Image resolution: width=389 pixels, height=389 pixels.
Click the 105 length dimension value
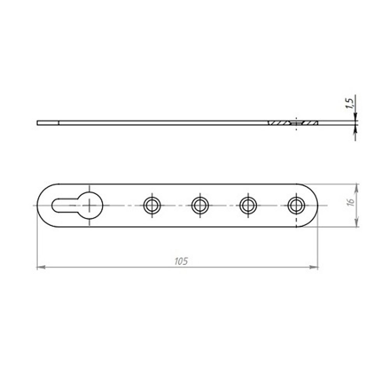pyautogui.click(x=181, y=261)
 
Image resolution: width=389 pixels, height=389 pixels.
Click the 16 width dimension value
pyautogui.click(x=350, y=202)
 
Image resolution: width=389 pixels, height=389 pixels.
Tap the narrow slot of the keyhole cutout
pyautogui.click(x=64, y=205)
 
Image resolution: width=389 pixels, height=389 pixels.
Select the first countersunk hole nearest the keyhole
pyautogui.click(x=152, y=205)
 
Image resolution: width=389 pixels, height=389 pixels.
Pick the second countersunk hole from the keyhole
pyautogui.click(x=200, y=205)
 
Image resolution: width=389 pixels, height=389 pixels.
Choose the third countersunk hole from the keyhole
pyautogui.click(x=248, y=205)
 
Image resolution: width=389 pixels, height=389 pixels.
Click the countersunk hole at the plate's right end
pyautogui.click(x=296, y=205)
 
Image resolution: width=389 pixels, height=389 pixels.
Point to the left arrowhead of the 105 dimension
pyautogui.click(x=40, y=267)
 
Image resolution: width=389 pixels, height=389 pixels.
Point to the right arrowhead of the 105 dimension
pyautogui.click(x=315, y=267)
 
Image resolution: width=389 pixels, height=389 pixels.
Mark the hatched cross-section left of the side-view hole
pyautogui.click(x=279, y=123)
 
